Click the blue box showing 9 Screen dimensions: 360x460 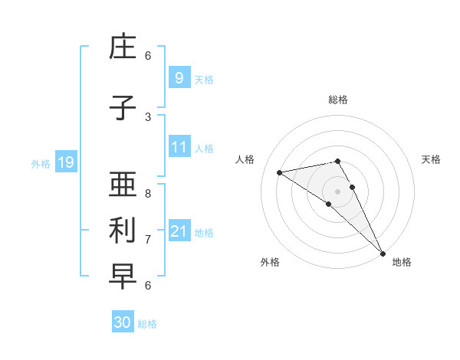point(179,77)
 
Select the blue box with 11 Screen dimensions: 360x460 point(179,147)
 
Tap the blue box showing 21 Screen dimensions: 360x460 point(179,231)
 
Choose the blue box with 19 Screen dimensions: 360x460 point(65,162)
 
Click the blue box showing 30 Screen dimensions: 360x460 point(123,322)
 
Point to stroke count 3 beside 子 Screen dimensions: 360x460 point(148,117)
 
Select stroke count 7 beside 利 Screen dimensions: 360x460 point(148,240)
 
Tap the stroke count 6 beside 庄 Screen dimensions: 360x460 point(148,56)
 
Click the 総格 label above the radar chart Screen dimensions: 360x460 point(337,100)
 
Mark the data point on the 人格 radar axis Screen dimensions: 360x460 point(280,172)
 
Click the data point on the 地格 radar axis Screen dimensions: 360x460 point(383,253)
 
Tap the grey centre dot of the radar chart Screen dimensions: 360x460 point(337,191)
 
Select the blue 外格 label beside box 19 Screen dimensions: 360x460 point(41,163)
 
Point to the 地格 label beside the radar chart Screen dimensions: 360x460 point(402,262)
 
